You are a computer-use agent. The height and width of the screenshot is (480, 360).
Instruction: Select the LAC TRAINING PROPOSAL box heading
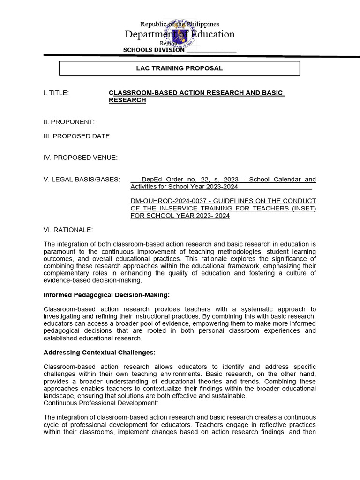pos(179,68)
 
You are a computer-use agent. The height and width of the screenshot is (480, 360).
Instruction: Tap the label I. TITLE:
pos(56,93)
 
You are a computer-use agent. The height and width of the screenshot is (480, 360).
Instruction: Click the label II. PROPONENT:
pos(69,122)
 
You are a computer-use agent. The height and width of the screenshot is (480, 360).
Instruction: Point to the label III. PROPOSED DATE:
pos(78,136)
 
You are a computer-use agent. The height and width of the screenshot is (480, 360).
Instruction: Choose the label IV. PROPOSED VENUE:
pos(81,157)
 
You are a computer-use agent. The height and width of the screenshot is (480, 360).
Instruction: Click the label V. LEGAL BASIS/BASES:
pos(82,179)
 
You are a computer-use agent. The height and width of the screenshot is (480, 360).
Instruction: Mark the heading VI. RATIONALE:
pos(68,229)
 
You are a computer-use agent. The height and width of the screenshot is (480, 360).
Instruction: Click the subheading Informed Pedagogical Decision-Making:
pos(106,294)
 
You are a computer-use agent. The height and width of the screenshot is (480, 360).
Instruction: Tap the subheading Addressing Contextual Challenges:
pos(99,352)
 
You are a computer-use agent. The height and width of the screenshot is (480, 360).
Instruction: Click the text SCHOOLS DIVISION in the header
pos(154,50)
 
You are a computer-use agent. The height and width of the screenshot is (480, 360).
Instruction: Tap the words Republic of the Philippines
pos(180,24)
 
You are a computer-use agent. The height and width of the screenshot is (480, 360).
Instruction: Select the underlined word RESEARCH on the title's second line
pos(127,100)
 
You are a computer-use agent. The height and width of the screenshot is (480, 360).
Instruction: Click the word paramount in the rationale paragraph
pos(60,251)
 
